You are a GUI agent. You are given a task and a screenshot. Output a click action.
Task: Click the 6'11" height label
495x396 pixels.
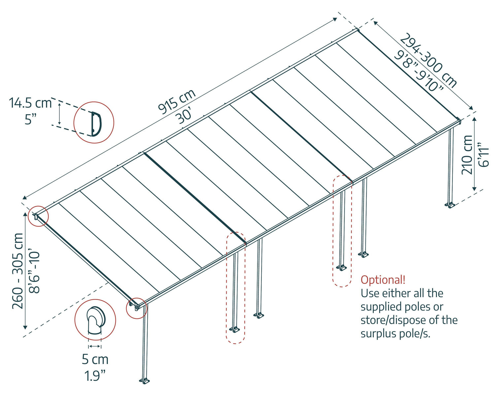point(483,155)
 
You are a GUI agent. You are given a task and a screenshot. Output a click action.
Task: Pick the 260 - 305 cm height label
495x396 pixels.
point(18,271)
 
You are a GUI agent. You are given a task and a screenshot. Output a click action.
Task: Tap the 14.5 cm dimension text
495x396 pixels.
point(30,103)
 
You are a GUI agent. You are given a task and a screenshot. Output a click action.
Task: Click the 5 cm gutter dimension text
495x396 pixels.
point(95,359)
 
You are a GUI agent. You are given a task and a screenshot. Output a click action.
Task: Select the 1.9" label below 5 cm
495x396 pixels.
point(95,376)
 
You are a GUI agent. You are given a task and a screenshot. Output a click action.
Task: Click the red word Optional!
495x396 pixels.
point(383,280)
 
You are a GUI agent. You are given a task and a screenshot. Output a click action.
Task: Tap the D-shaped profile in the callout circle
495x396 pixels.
point(96,124)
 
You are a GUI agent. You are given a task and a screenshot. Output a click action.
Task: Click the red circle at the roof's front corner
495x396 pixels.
point(136,309)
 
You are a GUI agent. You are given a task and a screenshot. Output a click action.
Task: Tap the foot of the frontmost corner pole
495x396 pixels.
point(145,381)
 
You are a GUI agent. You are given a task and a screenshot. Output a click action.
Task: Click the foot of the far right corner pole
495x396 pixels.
point(449,205)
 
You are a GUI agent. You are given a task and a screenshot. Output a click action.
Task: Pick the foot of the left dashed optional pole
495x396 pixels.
point(235,329)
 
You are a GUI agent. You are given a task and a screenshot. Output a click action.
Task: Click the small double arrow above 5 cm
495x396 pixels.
point(95,346)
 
